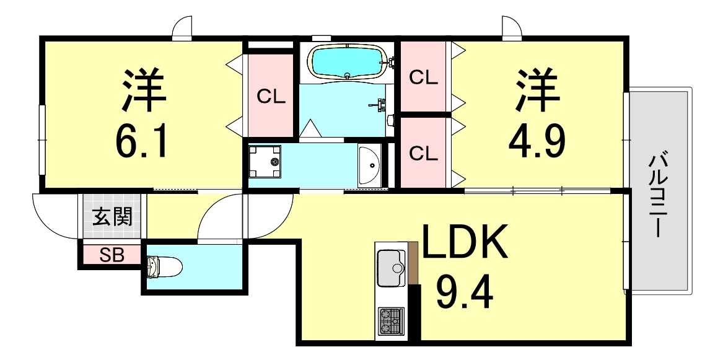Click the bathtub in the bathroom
pos(348,62)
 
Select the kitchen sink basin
pos(392,268)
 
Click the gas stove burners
pos(391,322)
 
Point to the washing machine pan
pos(265,161)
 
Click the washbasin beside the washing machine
pos(369,165)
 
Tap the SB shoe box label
pos(113,255)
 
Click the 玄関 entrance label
pos(113,216)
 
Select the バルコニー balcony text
pos(658,196)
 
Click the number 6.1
pos(141,139)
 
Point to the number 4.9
pos(537,139)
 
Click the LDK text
pos(465,242)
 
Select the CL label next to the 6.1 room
pos(271,97)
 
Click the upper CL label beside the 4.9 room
pos(423,78)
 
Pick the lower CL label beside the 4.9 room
pos(423,154)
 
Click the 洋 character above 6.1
pos(143,90)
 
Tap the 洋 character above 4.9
pos(538,90)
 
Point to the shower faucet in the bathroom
pos(379,105)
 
